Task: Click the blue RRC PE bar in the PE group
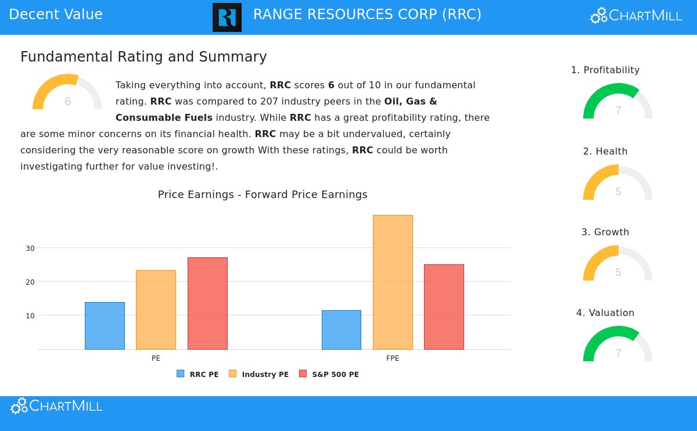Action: point(105,326)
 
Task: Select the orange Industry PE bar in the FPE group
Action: point(393,282)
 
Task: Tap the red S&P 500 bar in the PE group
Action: point(207,303)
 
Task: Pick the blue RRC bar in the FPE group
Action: point(342,330)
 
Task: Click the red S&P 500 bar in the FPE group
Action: point(444,307)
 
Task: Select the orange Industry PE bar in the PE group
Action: point(156,310)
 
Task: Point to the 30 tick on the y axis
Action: point(30,248)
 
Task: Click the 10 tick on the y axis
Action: point(30,315)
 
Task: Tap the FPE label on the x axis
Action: point(393,358)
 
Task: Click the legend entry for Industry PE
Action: point(259,375)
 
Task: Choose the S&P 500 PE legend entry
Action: point(329,375)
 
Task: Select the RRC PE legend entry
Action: point(198,375)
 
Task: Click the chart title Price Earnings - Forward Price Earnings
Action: point(263,195)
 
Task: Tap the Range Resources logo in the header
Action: point(227,17)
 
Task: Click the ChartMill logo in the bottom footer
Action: point(56,406)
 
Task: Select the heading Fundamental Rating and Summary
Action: point(143,57)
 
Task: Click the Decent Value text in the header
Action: point(56,15)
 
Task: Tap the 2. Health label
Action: point(605,152)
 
